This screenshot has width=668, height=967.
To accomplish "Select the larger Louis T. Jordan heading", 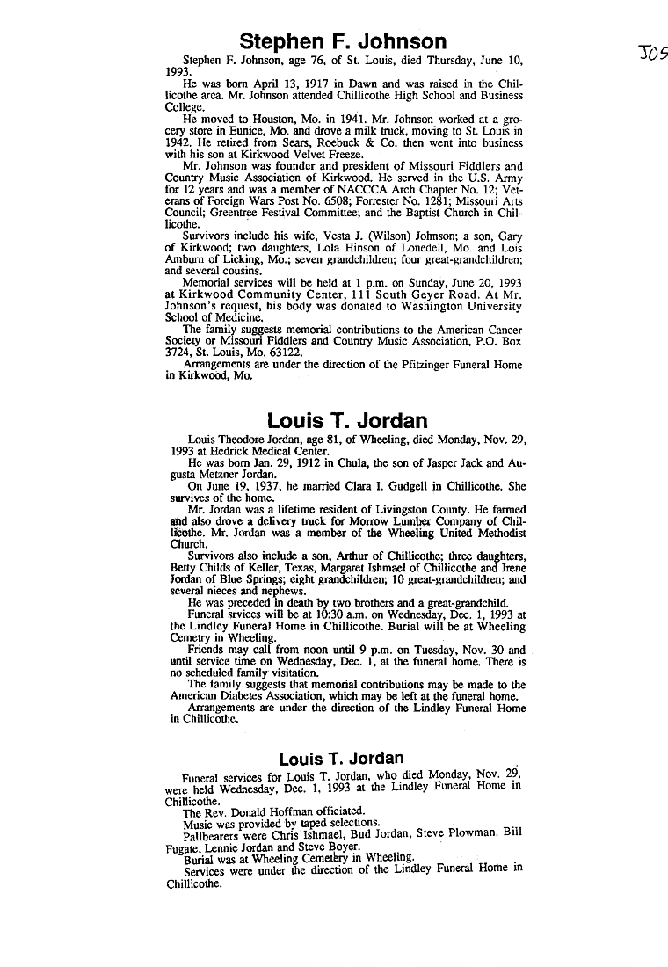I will (347, 420).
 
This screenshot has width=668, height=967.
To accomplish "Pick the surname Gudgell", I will (396, 484).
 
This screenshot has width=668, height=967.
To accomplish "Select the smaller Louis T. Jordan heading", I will (341, 758).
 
